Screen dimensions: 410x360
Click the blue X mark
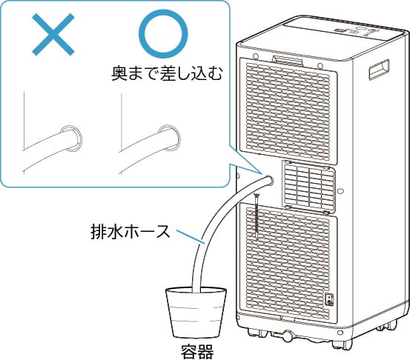[53, 35]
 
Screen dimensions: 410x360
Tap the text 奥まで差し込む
[167, 74]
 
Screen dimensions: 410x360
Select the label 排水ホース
[130, 232]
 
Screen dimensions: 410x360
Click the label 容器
[197, 351]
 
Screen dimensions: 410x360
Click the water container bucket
[196, 312]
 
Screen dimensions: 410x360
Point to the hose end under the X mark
[71, 139]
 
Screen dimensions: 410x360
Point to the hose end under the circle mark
[170, 138]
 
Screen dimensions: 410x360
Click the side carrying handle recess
[379, 69]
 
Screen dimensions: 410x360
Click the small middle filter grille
[309, 187]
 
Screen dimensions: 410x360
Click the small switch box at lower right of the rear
[329, 300]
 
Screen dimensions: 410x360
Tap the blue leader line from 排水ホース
[189, 237]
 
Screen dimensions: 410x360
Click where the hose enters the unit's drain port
[268, 180]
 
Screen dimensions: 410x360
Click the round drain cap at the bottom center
[288, 335]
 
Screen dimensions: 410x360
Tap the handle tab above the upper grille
[288, 60]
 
